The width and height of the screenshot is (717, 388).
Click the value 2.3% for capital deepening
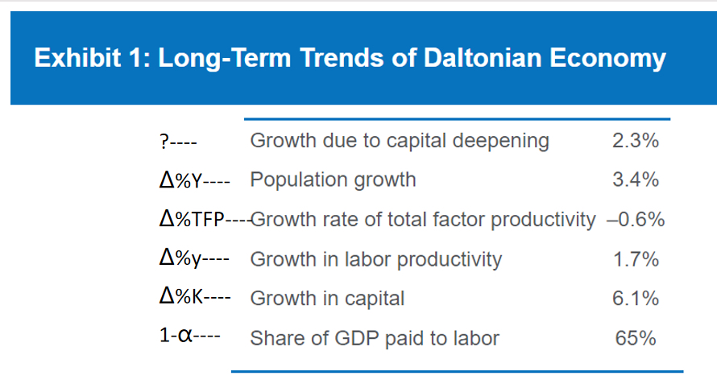[x=636, y=140]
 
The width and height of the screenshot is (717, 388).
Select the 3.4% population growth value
[x=636, y=180]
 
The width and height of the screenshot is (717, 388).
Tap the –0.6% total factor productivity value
[x=636, y=220]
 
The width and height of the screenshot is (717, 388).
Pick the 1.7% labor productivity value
[x=636, y=259]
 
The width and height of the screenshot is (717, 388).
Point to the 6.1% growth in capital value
[x=636, y=299]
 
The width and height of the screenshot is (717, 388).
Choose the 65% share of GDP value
[x=636, y=338]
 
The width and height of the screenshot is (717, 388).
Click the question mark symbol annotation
[x=164, y=141]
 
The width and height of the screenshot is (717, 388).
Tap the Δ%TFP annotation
[x=192, y=220]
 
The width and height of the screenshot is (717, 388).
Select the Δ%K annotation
[x=181, y=298]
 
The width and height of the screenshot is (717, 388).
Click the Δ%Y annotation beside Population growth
[x=180, y=180]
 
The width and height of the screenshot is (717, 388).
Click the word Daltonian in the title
[x=483, y=58]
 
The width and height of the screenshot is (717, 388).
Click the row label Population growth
[x=333, y=180]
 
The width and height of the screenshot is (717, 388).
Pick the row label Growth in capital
[x=327, y=299]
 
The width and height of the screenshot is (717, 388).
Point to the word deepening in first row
[x=501, y=141]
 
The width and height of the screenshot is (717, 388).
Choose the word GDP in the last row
[x=357, y=339]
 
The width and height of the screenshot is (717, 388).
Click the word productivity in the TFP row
[x=543, y=221]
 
